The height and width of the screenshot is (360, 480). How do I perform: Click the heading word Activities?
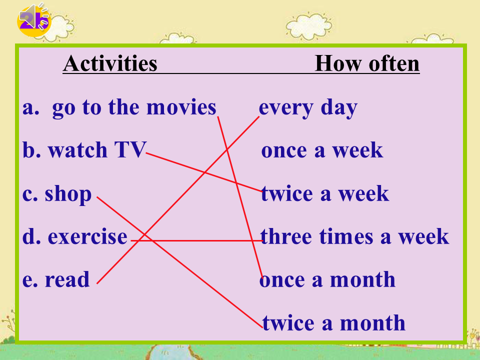point(110,63)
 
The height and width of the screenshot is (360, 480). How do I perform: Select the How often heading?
point(367,63)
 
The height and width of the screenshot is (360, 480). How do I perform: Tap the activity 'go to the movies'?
point(134,108)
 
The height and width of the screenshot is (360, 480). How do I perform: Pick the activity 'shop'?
point(68,194)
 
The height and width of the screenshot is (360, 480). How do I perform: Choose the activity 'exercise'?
point(87,236)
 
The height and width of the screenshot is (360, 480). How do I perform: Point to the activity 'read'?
point(67,279)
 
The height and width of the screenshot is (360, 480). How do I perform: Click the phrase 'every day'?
point(308,108)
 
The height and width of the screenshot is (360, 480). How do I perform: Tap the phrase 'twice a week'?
point(325,193)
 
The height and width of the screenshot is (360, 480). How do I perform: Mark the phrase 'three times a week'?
point(354,236)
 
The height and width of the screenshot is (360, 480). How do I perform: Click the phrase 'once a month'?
point(327,279)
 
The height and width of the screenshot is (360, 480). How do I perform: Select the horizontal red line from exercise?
point(197,241)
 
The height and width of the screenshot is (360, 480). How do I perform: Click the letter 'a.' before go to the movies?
point(31,108)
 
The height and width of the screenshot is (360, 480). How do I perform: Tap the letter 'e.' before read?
point(30,280)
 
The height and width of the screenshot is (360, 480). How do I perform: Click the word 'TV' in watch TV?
point(130,149)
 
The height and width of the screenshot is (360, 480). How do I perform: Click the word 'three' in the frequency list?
point(286,236)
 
